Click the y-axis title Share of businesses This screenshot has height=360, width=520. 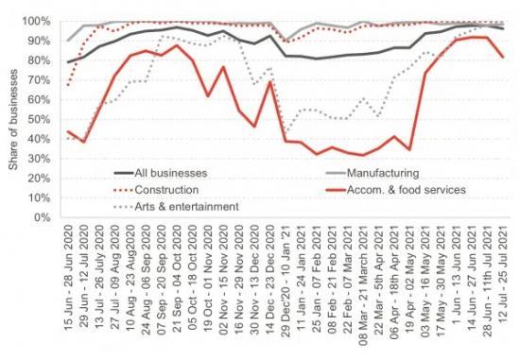(12, 119)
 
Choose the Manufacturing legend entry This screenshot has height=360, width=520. (355, 174)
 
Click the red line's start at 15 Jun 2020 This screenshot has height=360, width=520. (67, 131)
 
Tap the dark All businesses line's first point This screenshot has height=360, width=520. (67, 62)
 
